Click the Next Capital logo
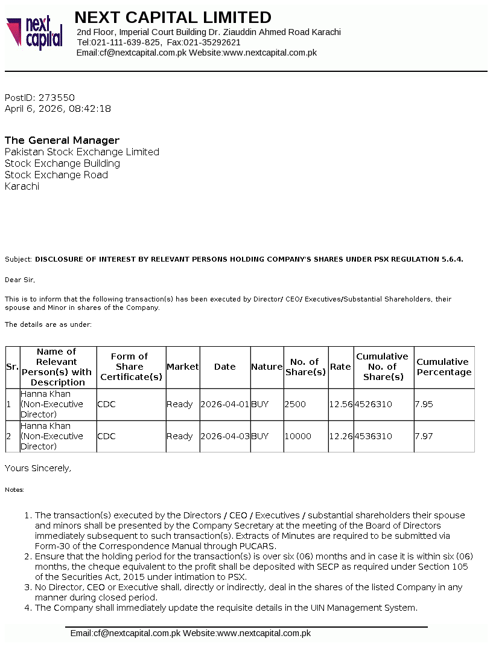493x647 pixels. [34, 33]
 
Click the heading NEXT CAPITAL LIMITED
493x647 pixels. [173, 18]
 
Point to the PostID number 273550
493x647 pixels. [57, 97]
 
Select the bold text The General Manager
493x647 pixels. [62, 140]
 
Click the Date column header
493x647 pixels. [224, 367]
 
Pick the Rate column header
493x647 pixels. [340, 367]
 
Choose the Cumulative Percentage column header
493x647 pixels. [444, 367]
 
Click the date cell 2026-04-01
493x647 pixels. [224, 404]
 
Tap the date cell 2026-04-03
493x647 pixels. [224, 436]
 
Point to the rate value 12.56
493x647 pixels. [341, 404]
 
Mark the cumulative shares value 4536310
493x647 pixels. [373, 436]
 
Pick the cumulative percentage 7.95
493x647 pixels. [424, 404]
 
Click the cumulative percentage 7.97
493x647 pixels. [424, 436]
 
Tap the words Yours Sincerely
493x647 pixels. [38, 468]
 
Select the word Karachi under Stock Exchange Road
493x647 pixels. [22, 186]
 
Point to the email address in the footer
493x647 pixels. [126, 633]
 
